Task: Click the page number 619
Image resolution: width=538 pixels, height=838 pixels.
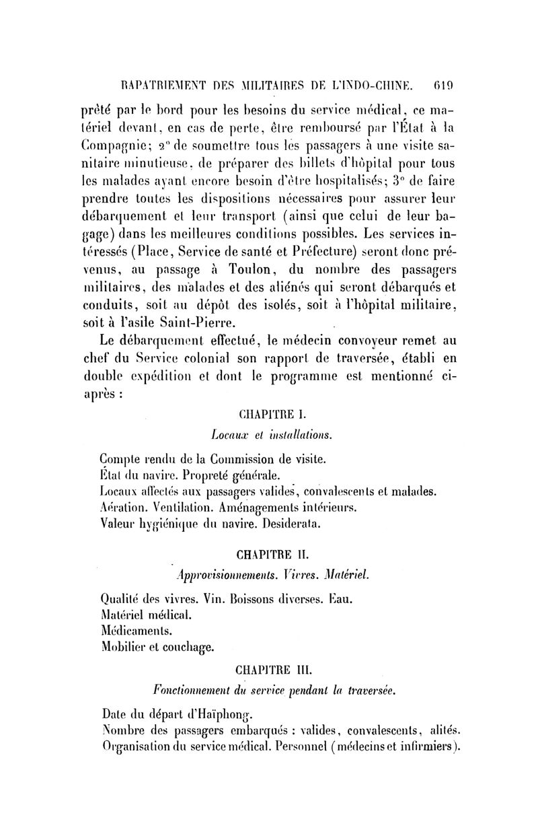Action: point(445,86)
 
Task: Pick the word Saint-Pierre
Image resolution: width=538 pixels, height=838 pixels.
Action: point(199,324)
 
